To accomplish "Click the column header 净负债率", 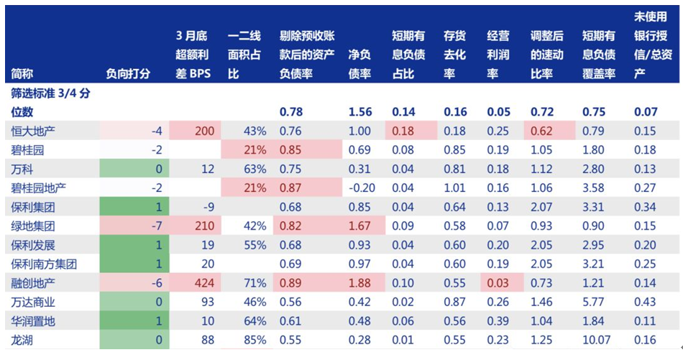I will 359,64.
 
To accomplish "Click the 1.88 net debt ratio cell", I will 359,282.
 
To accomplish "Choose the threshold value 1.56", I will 359,112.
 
